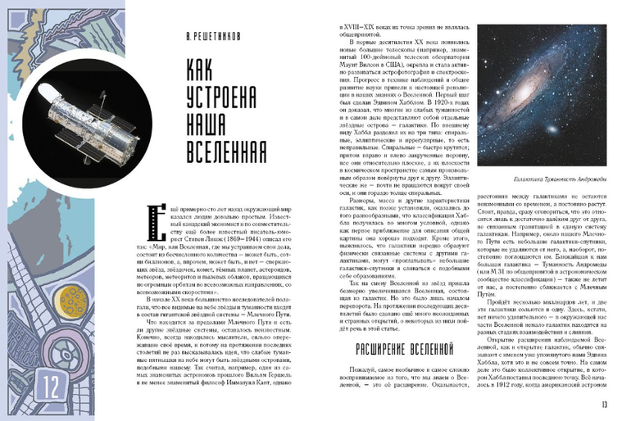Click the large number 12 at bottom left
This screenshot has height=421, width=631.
point(25,381)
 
